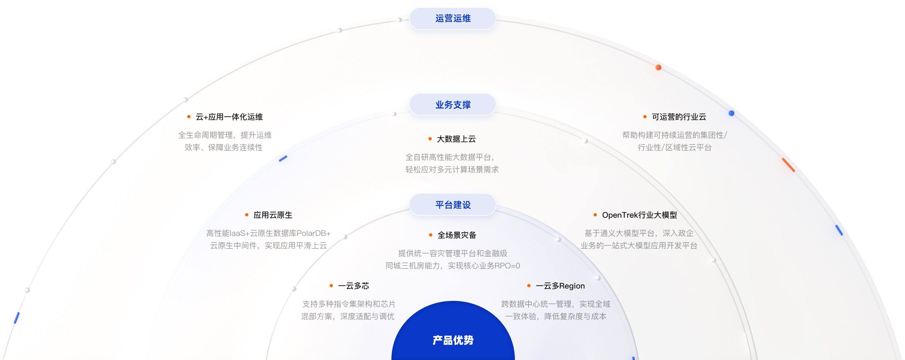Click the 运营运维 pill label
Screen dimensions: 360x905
pos(452,19)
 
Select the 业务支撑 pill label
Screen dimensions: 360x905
pos(452,105)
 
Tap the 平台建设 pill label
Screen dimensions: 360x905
pos(452,205)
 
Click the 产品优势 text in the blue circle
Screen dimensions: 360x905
pos(453,340)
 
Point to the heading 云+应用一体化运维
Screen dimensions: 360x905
pos(229,117)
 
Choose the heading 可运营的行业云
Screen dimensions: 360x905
pos(679,117)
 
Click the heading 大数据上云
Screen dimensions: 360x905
pos(456,139)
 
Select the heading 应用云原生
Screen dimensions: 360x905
pos(273,215)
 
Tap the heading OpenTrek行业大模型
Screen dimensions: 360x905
pos(639,215)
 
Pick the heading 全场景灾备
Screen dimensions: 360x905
pos(457,235)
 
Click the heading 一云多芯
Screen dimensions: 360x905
pos(353,286)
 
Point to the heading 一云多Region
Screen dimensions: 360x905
pos(560,286)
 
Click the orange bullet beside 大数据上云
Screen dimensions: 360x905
pos(430,139)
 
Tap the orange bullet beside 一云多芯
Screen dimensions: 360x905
pos(331,286)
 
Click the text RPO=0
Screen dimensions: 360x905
pos(507,266)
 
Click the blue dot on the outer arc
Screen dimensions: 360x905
pos(731,113)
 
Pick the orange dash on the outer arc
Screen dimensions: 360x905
pos(788,165)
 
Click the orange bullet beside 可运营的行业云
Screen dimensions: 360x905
pos(645,117)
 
